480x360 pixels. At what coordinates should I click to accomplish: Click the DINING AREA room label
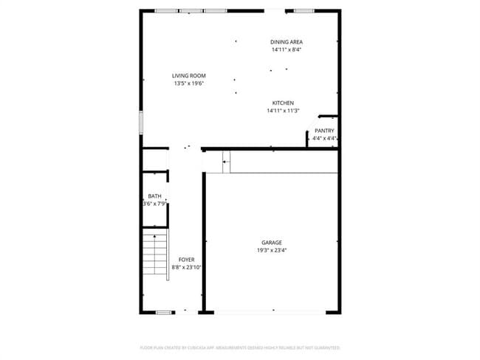pos(287,42)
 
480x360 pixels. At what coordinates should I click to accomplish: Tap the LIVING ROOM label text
pos(188,76)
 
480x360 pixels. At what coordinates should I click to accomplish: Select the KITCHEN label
pos(283,103)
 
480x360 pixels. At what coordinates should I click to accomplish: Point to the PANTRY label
pos(324,131)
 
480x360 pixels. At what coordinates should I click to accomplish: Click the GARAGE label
pos(271,243)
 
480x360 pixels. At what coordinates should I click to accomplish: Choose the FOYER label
pos(186,260)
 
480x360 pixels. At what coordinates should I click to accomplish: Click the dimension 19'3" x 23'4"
pos(271,250)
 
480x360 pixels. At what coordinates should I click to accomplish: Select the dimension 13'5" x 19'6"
pos(188,84)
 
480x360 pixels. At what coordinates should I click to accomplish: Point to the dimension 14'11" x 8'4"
pos(287,50)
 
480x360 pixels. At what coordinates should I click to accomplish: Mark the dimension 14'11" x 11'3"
pos(283,111)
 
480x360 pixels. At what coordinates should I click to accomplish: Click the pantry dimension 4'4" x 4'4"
pos(324,138)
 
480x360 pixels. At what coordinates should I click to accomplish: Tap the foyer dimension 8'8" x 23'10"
pos(186,267)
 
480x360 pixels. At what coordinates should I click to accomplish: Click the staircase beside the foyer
pos(155,253)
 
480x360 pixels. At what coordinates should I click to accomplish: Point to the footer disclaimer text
pos(240,347)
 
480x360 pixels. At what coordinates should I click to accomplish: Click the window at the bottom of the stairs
pos(164,313)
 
